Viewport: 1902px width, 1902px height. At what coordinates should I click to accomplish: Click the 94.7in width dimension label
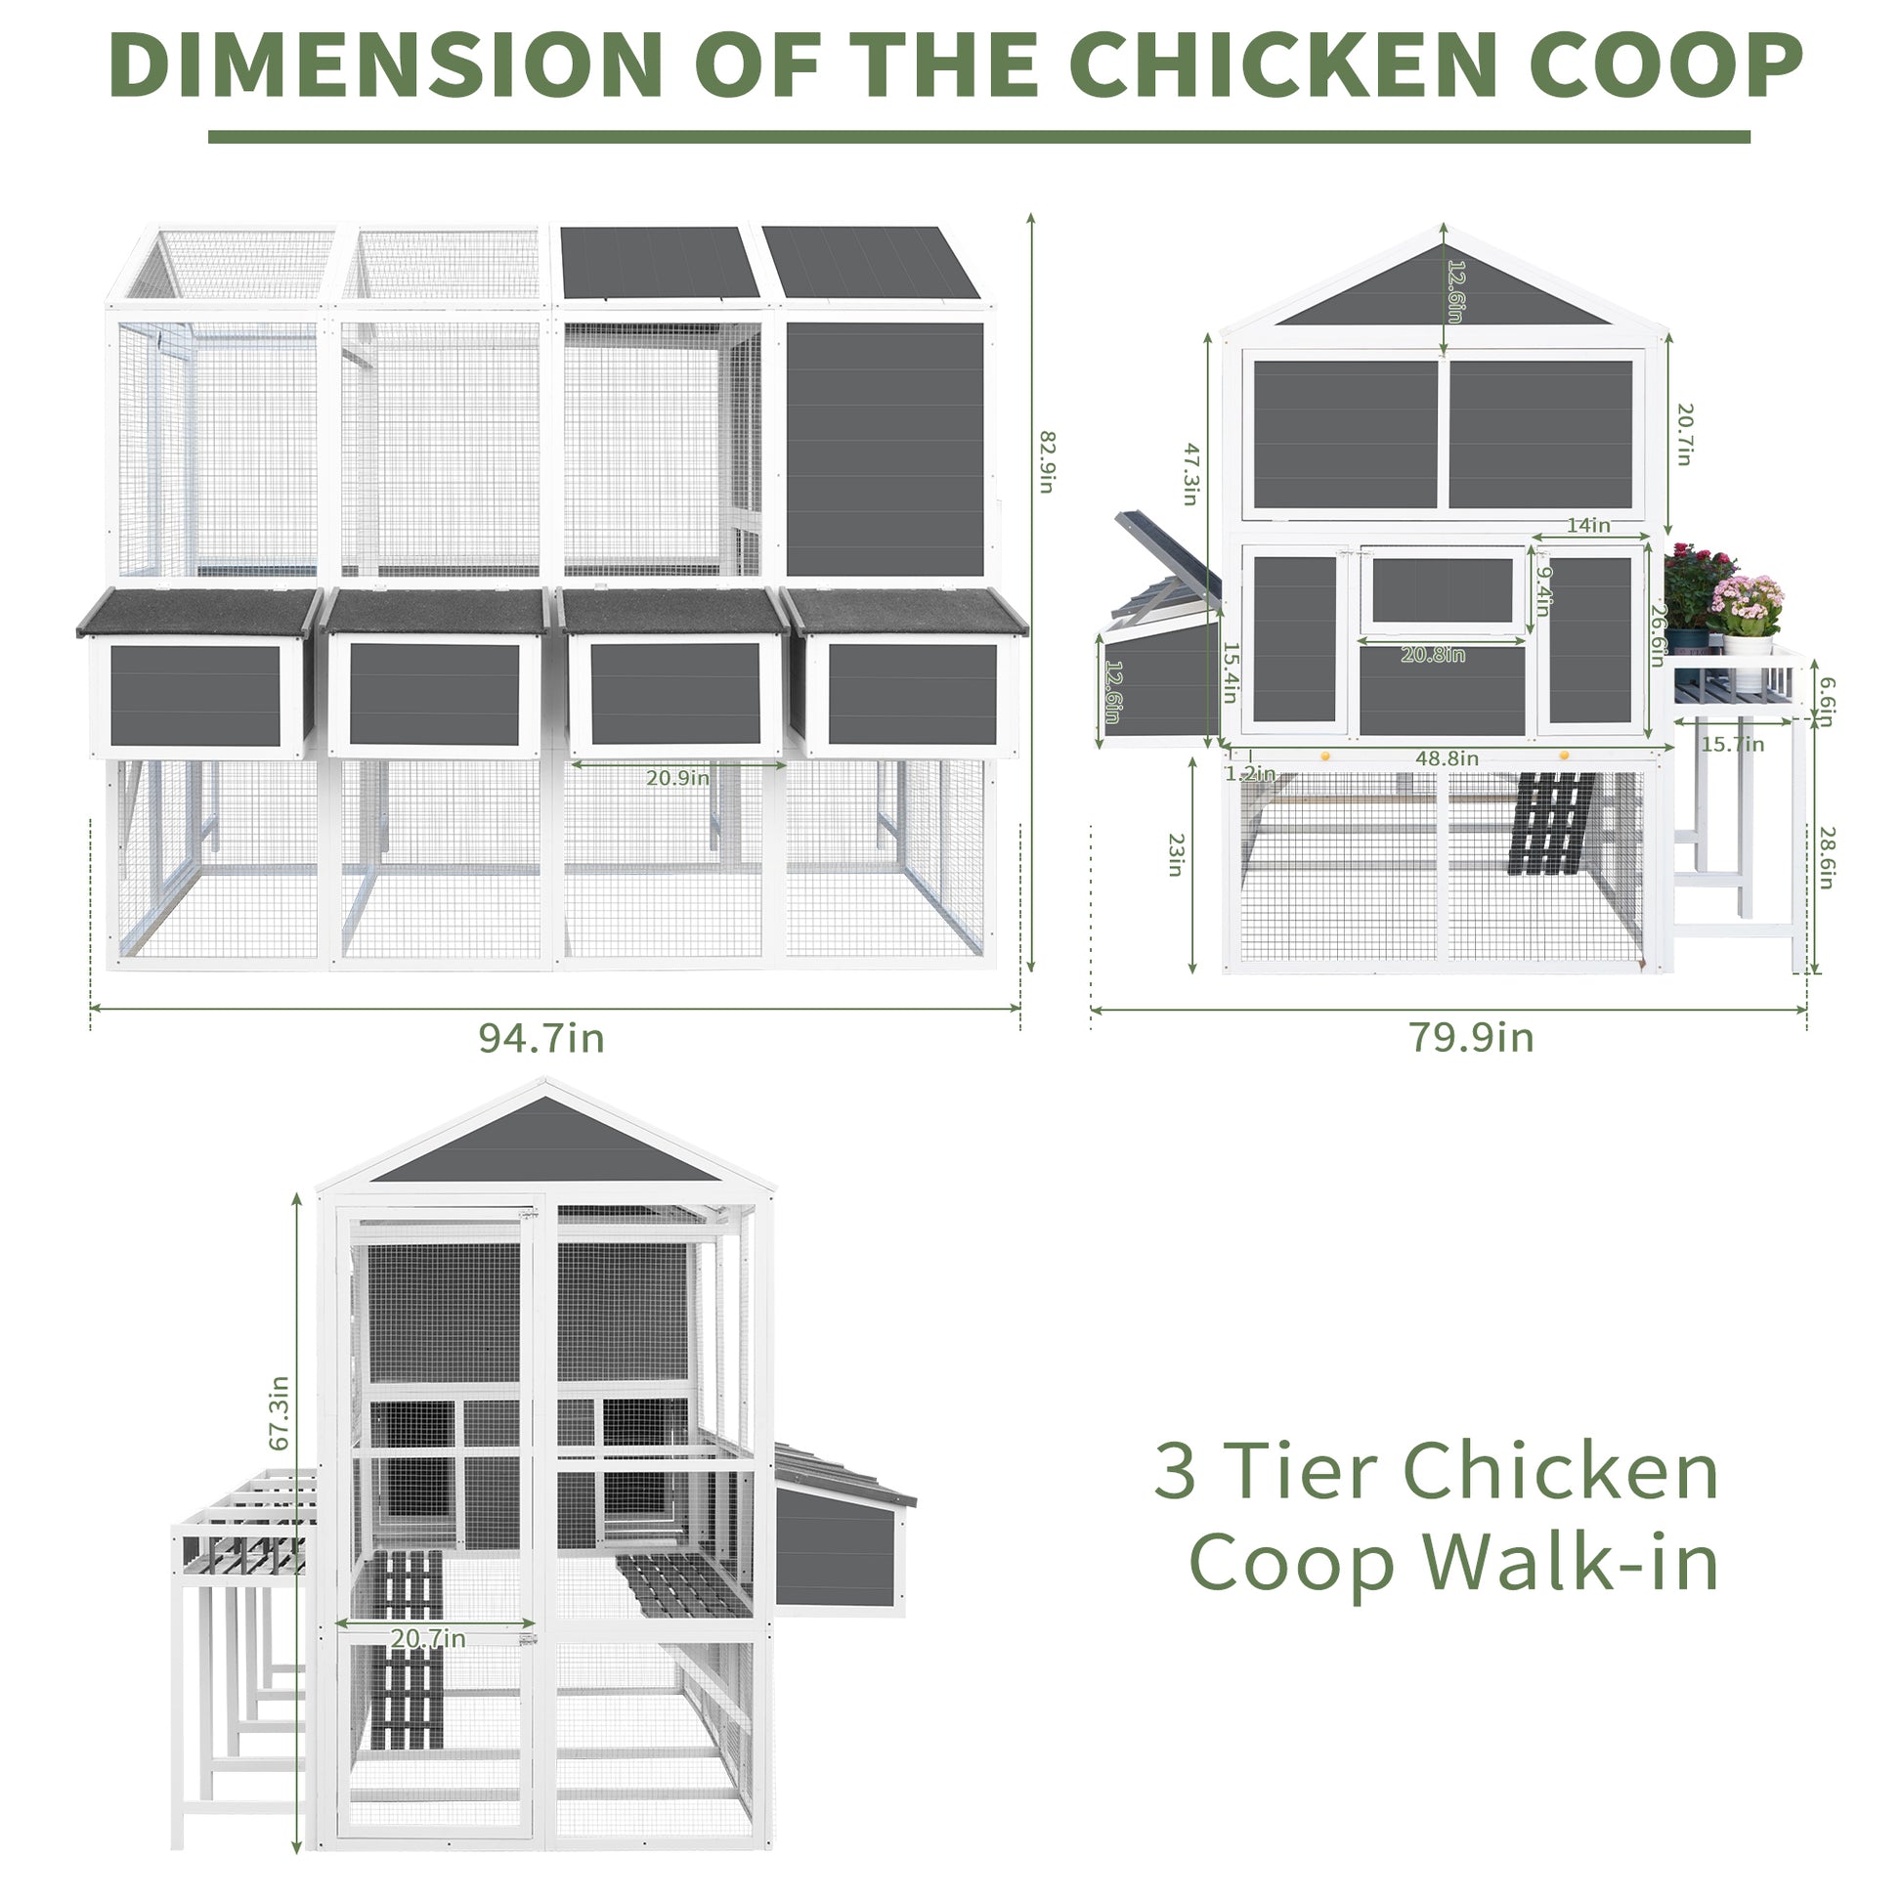coord(540,1038)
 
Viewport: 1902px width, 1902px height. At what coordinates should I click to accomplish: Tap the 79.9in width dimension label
coord(1471,1038)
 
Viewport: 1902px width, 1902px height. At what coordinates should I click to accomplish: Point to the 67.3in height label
coord(280,1411)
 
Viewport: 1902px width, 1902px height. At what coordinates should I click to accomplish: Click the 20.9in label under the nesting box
coord(677,778)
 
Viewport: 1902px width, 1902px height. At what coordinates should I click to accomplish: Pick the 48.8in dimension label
coord(1448,758)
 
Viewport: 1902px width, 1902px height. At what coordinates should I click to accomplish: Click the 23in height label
coord(1176,854)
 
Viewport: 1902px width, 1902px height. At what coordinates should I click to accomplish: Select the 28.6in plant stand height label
coord(1826,858)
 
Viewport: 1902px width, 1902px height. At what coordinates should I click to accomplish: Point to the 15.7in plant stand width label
coord(1733,744)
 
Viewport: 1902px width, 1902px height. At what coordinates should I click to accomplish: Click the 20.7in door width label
coord(428,1638)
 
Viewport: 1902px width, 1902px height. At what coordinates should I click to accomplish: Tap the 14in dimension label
coord(1588,526)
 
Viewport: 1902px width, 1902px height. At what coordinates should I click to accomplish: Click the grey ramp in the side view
coord(1552,822)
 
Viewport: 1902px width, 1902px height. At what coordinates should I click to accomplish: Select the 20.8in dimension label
coord(1433,655)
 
